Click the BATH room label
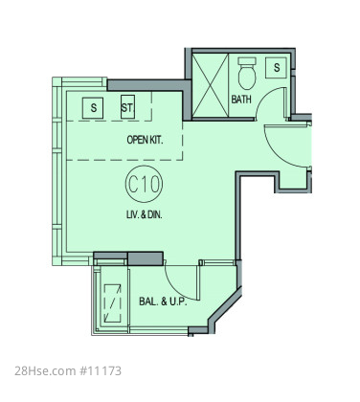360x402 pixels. pos(241,100)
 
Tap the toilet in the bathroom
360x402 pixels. pos(247,74)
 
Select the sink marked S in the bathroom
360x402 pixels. pos(277,67)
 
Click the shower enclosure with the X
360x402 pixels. pos(211,85)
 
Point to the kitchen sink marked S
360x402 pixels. pos(93,108)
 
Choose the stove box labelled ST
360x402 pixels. pos(127,107)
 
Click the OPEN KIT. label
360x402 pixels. pos(145,140)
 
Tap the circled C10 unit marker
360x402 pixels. pos(144,185)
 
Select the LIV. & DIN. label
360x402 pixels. pos(145,214)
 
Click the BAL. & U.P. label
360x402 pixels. pos(163,301)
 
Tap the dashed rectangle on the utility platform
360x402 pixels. pos(113,303)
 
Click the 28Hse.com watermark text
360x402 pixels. pos(45,371)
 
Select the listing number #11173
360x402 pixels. pos(100,371)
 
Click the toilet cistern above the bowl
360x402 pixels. pos(247,61)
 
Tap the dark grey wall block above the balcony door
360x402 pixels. pos(146,258)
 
